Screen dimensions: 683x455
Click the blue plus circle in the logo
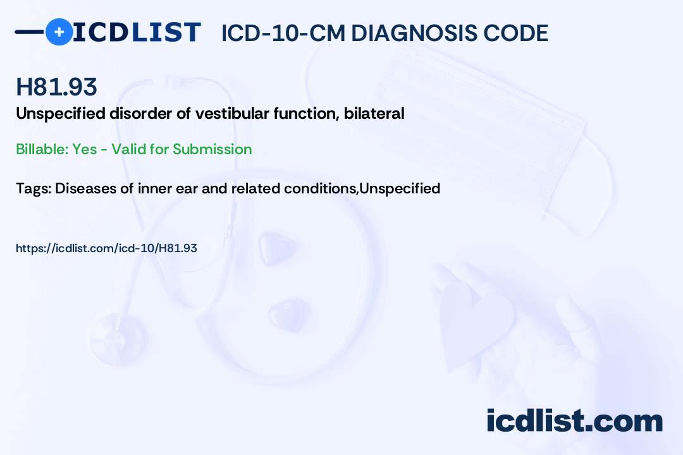59,32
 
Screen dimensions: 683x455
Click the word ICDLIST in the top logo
137,32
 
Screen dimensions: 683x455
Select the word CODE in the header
516,33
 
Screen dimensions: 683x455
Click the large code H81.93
56,87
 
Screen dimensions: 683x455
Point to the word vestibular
231,113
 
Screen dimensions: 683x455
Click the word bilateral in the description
374,113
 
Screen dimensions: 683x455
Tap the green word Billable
42,149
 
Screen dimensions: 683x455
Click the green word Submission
212,149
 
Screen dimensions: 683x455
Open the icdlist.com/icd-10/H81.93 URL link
106,248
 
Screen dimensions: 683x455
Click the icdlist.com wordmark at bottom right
574,420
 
